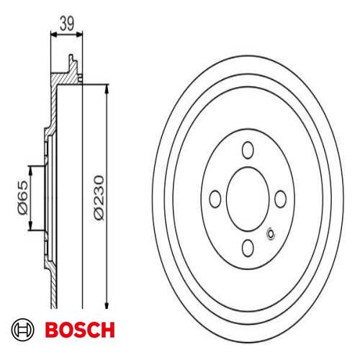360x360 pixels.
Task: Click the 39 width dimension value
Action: [66, 22]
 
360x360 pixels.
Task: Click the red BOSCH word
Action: [80, 330]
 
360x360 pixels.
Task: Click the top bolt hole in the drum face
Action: [248, 150]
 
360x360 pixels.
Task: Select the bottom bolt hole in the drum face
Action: [248, 247]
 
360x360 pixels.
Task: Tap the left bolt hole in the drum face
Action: [215, 199]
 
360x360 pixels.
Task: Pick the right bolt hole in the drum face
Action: [281, 199]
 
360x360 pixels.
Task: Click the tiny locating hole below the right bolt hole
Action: [271, 233]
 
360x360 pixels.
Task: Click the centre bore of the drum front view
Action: [248, 199]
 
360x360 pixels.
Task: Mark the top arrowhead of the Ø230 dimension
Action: [107, 89]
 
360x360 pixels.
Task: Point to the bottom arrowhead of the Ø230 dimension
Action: [107, 304]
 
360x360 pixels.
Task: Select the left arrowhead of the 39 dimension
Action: [53, 33]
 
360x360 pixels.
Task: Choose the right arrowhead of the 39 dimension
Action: [80, 33]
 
